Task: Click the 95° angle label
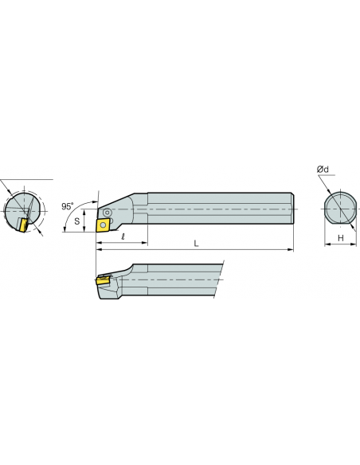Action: pos(68,206)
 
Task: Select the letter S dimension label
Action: pos(77,221)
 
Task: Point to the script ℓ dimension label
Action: pos(123,236)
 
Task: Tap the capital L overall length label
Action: pos(196,244)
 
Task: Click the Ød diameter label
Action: pos(323,170)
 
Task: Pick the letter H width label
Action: pos(341,238)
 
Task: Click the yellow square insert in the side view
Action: pos(104,225)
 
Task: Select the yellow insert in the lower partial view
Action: pos(103,280)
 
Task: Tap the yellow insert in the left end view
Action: pos(22,225)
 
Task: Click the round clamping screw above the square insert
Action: pos(107,212)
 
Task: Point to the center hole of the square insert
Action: pos(104,225)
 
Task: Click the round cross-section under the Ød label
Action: pos(340,209)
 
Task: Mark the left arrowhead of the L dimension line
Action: pos(99,250)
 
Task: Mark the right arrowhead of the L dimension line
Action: pos(291,250)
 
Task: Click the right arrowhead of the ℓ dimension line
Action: pos(144,243)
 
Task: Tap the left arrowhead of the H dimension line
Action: pos(327,244)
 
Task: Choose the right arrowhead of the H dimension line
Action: pos(353,244)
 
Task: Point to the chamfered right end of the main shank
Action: pos(292,209)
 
